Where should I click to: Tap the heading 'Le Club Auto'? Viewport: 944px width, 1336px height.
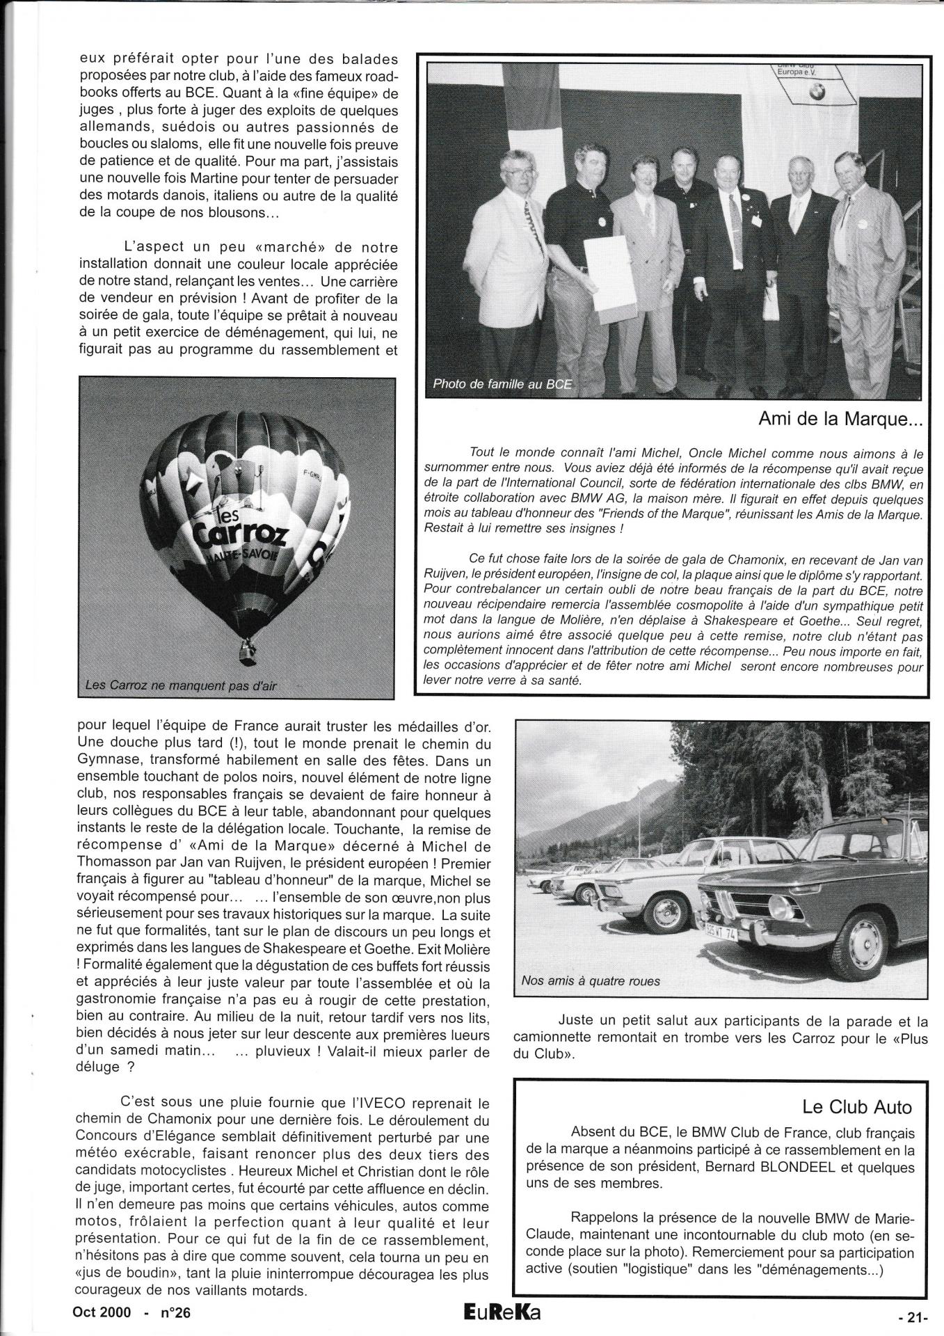point(856,1106)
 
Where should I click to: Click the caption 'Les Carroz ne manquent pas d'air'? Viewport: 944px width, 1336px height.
point(180,685)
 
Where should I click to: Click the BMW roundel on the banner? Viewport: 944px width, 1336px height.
point(817,94)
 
